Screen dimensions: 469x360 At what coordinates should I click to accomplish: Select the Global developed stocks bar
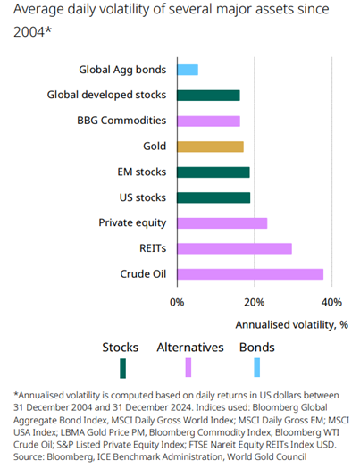pyautogui.click(x=208, y=96)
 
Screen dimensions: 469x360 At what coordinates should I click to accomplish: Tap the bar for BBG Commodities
pyautogui.click(x=208, y=121)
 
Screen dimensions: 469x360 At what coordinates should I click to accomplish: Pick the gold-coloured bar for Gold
pyautogui.click(x=210, y=147)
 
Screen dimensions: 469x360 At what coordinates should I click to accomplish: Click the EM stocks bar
pyautogui.click(x=213, y=172)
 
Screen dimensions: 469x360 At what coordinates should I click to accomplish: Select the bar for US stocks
pyautogui.click(x=213, y=197)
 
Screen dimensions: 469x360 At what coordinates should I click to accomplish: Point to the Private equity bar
pyautogui.click(x=222, y=222)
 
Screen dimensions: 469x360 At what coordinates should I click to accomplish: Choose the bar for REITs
pyautogui.click(x=234, y=248)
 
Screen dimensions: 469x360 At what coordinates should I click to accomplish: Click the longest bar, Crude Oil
pyautogui.click(x=249, y=273)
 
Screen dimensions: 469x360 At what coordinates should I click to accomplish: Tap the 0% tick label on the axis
pyautogui.click(x=177, y=302)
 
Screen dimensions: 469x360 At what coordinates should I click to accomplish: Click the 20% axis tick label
pyautogui.click(x=254, y=302)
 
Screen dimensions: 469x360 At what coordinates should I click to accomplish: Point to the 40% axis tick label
pyautogui.click(x=331, y=302)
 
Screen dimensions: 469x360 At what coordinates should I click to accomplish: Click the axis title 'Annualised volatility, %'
pyautogui.click(x=291, y=324)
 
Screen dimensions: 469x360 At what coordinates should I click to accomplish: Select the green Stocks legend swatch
pyautogui.click(x=123, y=367)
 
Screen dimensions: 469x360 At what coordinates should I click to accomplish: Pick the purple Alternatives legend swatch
pyautogui.click(x=188, y=367)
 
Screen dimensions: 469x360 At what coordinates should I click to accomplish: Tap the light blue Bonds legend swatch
pyautogui.click(x=257, y=367)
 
